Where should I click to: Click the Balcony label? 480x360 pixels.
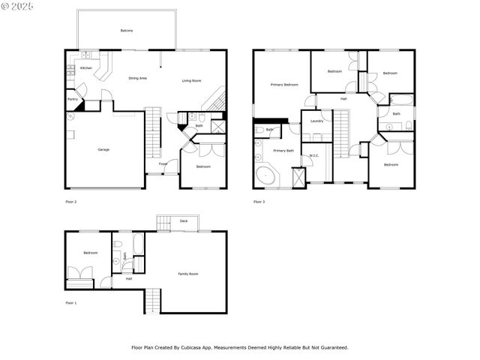coord(127,31)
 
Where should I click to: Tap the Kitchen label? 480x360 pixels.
coord(86,68)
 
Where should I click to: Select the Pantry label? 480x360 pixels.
coord(73,98)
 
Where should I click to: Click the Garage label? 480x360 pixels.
coord(103,150)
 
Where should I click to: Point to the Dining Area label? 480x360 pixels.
coord(137,78)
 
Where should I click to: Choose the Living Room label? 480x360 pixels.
coord(192,81)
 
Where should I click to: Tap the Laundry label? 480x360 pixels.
coord(316,121)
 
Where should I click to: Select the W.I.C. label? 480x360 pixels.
coord(314,156)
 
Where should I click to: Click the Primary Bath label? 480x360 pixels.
coord(283,151)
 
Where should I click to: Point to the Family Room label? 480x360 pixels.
coord(188,274)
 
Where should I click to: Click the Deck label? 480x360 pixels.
coord(184,221)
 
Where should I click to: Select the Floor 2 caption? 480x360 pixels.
coord(71,202)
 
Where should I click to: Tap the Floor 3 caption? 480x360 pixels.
coord(259,202)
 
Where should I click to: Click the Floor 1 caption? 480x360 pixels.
coord(71,302)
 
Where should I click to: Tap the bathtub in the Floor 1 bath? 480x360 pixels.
coord(138,247)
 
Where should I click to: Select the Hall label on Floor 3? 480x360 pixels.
coord(343,99)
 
